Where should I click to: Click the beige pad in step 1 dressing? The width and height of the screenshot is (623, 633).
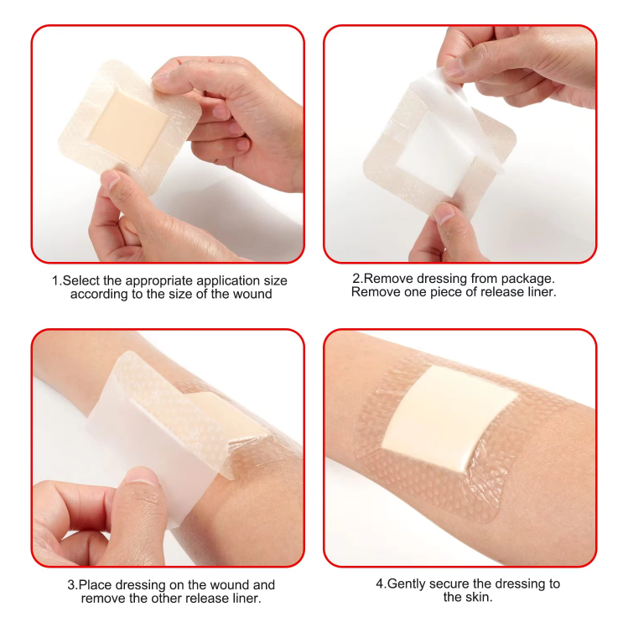point(128,129)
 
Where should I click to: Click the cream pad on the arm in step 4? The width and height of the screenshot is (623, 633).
point(449,417)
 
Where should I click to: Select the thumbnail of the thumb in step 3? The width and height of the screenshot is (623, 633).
point(143,476)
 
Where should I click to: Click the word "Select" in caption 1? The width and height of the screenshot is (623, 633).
point(80,280)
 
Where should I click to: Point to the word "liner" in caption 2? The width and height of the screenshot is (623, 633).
point(543,292)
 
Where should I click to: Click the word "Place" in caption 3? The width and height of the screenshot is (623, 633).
point(96,584)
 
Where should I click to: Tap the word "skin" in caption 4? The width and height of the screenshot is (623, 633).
point(480,597)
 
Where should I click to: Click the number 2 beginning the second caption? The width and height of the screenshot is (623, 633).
point(356,279)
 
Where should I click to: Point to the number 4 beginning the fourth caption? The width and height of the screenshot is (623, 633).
point(380,583)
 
